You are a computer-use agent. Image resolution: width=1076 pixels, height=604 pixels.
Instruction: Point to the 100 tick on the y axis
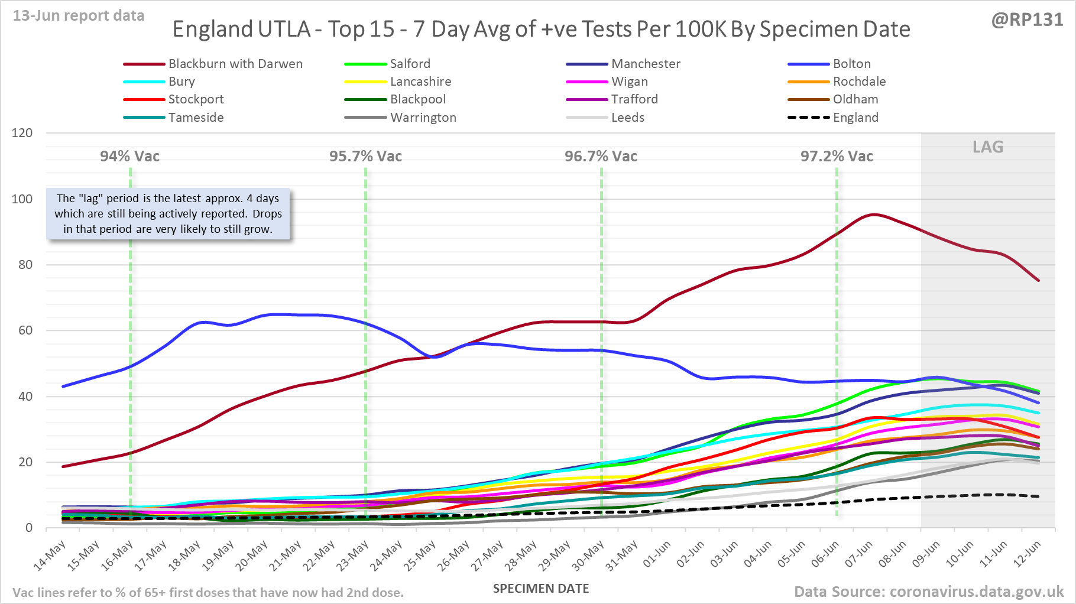(x=22, y=199)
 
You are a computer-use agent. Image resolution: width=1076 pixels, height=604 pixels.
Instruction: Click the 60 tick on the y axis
(x=25, y=330)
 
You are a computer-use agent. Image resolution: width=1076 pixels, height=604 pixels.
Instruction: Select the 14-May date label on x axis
(x=50, y=556)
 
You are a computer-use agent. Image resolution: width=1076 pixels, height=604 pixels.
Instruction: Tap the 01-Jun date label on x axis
(x=657, y=555)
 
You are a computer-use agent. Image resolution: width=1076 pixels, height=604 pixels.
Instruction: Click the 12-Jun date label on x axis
(x=1028, y=555)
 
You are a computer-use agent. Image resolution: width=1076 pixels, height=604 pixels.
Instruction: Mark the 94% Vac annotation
(x=129, y=157)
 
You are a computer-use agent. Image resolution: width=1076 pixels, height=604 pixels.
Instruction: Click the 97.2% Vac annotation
(x=837, y=157)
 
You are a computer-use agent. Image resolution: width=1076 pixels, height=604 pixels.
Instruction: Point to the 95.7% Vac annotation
(x=365, y=157)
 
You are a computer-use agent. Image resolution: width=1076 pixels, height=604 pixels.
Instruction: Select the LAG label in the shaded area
(x=988, y=147)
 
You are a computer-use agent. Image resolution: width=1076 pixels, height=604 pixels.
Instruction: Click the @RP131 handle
(x=1027, y=20)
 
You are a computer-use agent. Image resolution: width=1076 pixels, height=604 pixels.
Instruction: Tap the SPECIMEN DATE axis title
(x=541, y=589)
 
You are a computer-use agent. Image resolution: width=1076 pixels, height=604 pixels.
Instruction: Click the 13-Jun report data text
(x=79, y=16)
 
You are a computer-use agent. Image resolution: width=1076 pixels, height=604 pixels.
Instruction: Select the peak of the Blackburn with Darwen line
(x=874, y=215)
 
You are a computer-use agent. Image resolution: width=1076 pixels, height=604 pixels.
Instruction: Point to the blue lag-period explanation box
(x=168, y=214)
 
